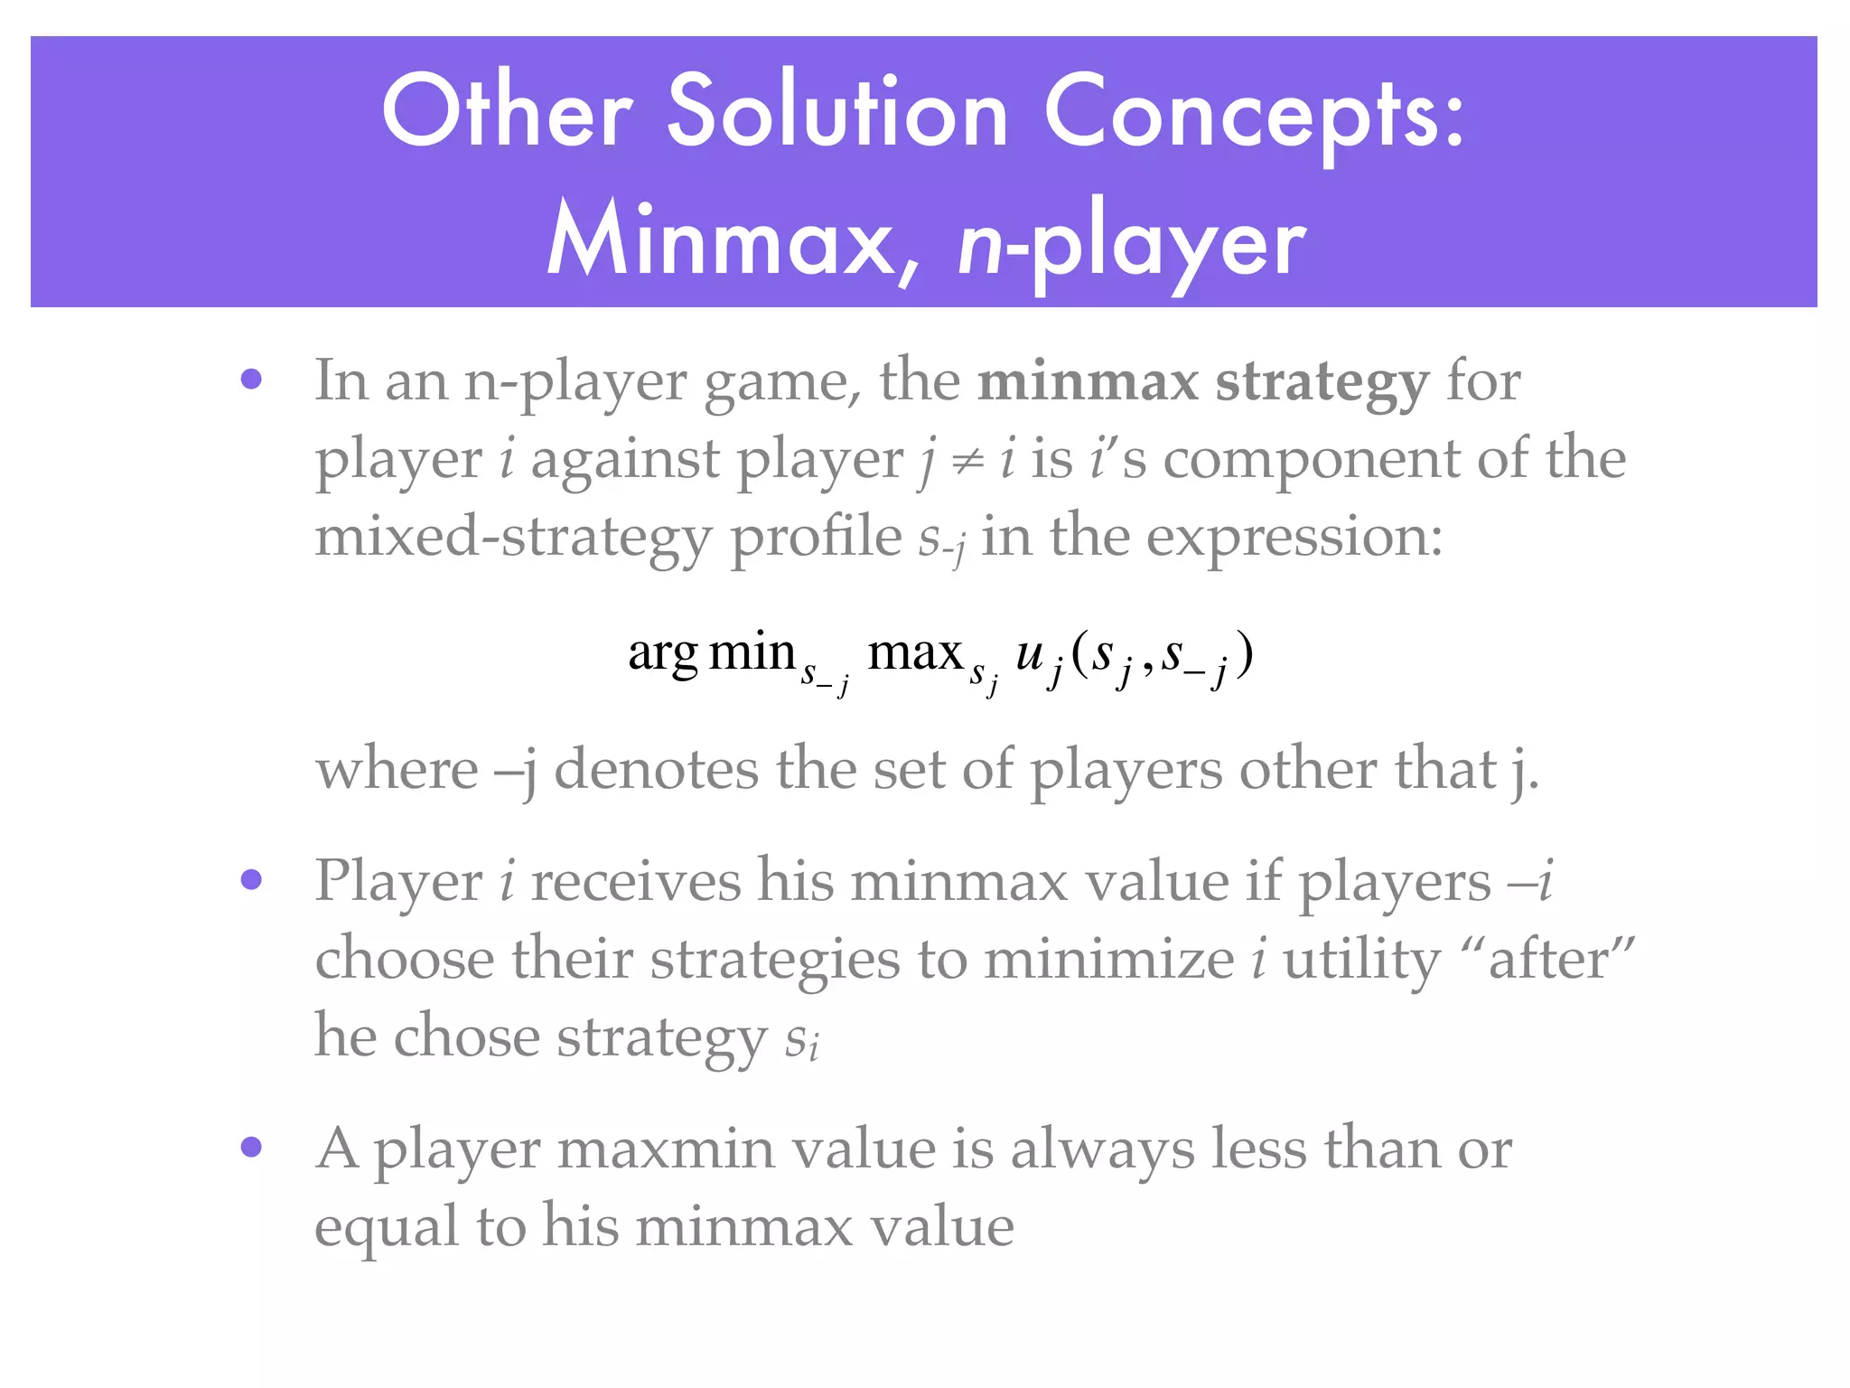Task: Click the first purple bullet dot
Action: (x=251, y=379)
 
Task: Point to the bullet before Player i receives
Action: (x=251, y=879)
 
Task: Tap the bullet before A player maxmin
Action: (x=251, y=1147)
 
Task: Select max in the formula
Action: (x=915, y=652)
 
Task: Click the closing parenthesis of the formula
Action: (x=1245, y=654)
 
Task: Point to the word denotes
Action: (x=656, y=769)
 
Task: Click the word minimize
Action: (x=1108, y=958)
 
